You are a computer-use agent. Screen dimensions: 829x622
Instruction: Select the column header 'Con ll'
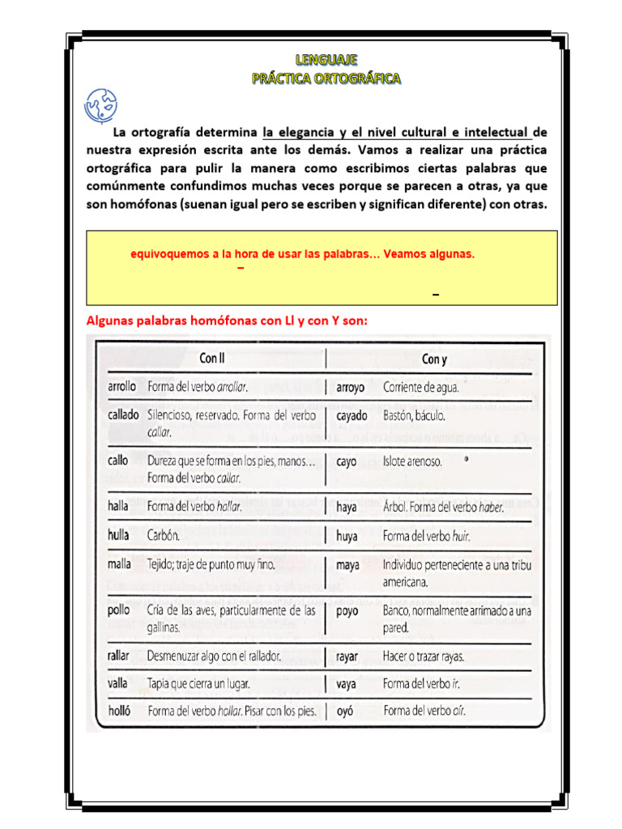(212, 358)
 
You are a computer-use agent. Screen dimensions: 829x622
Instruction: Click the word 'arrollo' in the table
(121, 387)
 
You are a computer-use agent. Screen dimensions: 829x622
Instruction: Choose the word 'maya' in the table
(347, 565)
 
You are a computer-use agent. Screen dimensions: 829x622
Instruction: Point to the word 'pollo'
(119, 610)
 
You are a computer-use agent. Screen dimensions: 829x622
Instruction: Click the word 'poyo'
(348, 611)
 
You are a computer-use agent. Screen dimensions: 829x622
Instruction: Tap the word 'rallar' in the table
(119, 656)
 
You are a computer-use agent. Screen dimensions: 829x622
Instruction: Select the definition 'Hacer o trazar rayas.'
(429, 656)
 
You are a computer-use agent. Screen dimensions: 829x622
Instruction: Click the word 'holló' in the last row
(120, 712)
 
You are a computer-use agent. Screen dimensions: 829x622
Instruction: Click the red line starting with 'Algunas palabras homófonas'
(227, 321)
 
